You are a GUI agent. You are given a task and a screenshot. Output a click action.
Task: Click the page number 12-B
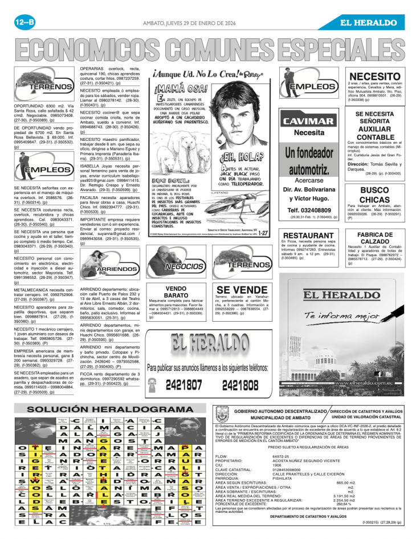[25, 22]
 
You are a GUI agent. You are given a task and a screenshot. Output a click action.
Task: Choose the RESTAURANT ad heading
[308, 236]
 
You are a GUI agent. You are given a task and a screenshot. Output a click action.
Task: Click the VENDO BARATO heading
[177, 292]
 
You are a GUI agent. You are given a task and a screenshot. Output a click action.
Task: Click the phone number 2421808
[241, 385]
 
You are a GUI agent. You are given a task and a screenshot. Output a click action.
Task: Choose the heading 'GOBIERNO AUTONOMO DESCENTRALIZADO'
[280, 411]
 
